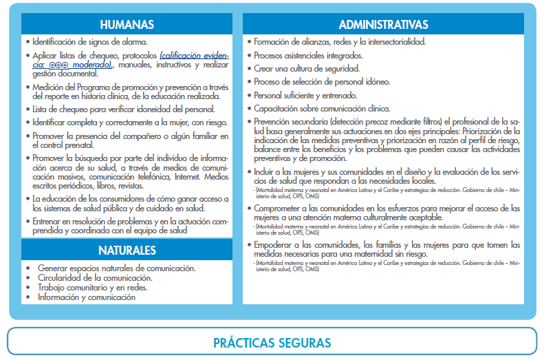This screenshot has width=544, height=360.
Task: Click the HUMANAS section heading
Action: click(127, 25)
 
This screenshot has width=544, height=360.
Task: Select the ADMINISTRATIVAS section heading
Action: click(389, 25)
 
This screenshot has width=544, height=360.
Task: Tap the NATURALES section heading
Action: click(127, 250)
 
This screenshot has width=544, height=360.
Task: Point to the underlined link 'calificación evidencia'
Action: click(195, 55)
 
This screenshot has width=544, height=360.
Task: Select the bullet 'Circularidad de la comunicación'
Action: click(95, 278)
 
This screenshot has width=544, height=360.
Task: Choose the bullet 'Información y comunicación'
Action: click(87, 297)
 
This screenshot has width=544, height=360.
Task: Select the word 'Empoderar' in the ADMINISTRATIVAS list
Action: click(275, 244)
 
